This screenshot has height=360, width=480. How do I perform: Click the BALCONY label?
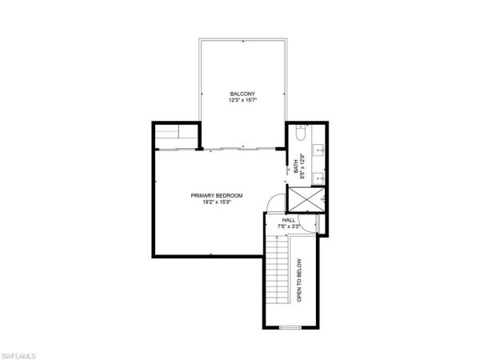[x=240, y=94]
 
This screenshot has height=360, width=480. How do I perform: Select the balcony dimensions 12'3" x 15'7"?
[x=240, y=102]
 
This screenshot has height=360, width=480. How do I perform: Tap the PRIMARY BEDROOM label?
[x=217, y=194]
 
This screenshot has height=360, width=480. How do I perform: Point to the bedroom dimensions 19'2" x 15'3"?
[x=217, y=202]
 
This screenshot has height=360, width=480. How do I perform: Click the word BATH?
[x=296, y=169]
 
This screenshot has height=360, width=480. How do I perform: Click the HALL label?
[x=290, y=219]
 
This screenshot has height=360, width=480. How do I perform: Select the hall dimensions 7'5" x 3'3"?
[x=290, y=226]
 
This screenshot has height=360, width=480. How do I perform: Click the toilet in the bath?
[x=298, y=137]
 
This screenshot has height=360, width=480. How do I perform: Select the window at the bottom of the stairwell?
[x=290, y=328]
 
